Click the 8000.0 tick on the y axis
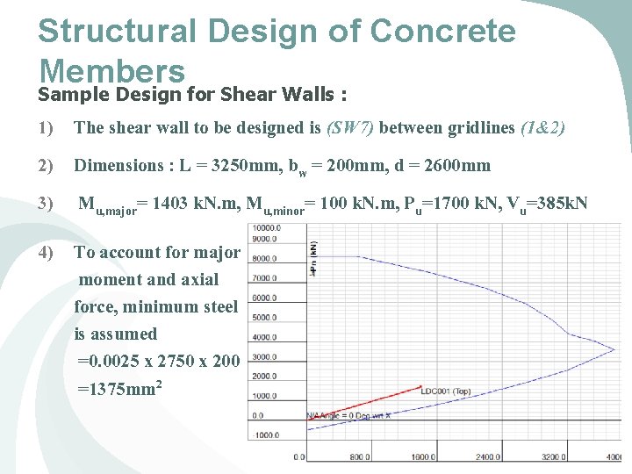click(x=264, y=258)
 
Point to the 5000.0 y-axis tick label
click(x=264, y=317)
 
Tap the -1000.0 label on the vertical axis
click(x=264, y=435)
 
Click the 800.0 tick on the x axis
click(x=361, y=457)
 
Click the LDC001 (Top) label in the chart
click(x=445, y=391)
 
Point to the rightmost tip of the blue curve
click(x=615, y=350)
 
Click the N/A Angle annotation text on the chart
click(x=348, y=415)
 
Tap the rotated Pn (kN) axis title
click(x=313, y=260)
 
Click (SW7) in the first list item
click(x=349, y=128)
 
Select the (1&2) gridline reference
click(x=542, y=128)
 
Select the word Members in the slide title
click(x=111, y=70)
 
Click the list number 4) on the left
click(x=46, y=253)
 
